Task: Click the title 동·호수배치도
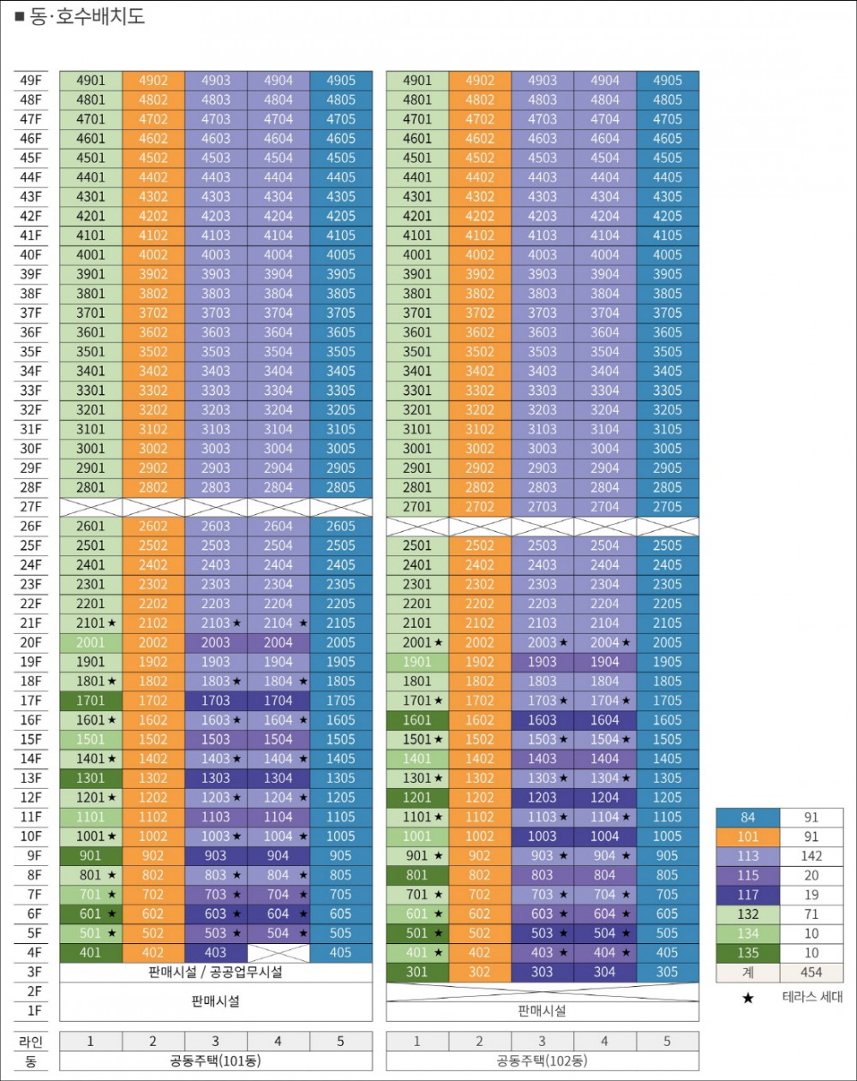(x=87, y=16)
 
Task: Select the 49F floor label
(x=31, y=81)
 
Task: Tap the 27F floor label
(x=31, y=507)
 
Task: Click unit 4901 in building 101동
(x=91, y=81)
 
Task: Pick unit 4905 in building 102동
(x=668, y=81)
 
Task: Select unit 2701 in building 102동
(x=417, y=507)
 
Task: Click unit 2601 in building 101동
(x=91, y=526)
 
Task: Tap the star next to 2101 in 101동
(x=112, y=623)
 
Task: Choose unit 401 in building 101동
(x=91, y=953)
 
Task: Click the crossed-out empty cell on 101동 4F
(x=279, y=953)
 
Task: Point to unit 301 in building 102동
(x=417, y=972)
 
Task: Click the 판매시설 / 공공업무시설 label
(x=216, y=972)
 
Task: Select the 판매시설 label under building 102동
(x=542, y=1011)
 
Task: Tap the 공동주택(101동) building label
(x=216, y=1061)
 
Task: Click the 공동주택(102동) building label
(x=542, y=1061)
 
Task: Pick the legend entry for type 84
(x=748, y=817)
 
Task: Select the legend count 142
(x=812, y=856)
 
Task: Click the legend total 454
(x=812, y=972)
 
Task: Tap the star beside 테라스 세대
(x=748, y=998)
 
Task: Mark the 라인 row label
(x=31, y=1042)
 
